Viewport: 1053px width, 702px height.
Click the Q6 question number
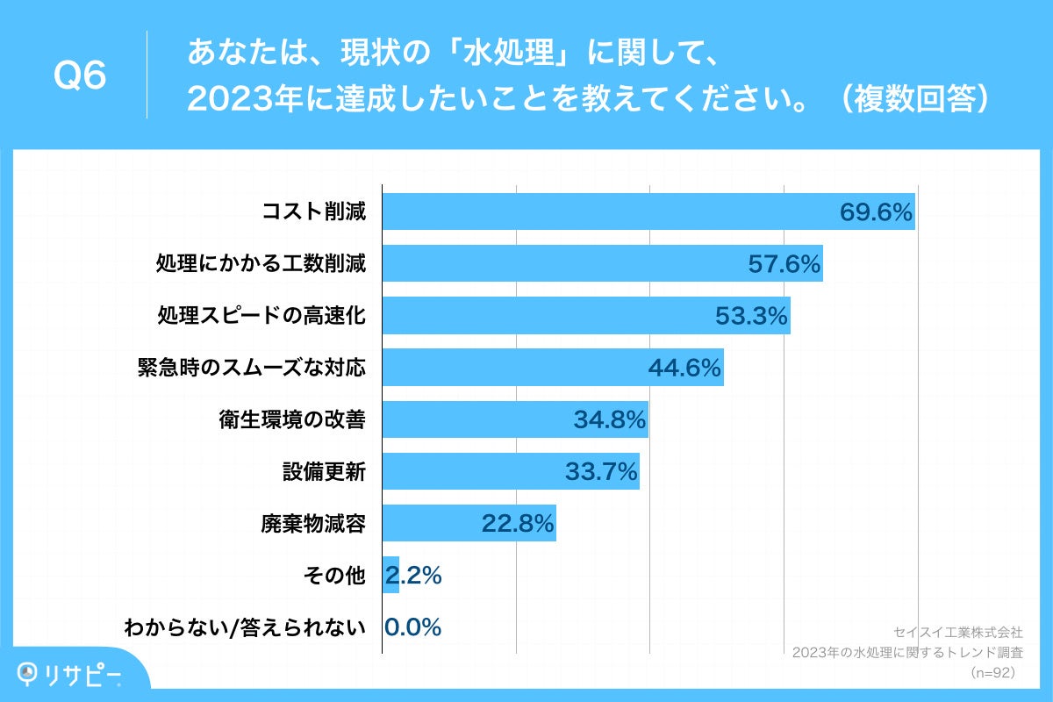point(80,76)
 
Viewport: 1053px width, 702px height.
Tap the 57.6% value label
point(784,264)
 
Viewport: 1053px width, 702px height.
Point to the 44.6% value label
point(684,368)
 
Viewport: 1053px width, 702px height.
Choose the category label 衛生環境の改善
point(292,420)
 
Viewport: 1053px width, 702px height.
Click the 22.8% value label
point(518,524)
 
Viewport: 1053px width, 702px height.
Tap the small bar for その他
point(390,576)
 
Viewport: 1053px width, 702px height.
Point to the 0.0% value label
point(412,627)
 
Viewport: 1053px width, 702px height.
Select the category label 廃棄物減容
point(312,524)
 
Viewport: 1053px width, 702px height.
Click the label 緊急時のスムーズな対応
point(251,368)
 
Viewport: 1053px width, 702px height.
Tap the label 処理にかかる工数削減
point(261,264)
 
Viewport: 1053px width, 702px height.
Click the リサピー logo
point(70,674)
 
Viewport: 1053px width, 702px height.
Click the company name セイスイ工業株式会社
point(957,632)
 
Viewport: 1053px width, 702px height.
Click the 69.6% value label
point(876,212)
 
